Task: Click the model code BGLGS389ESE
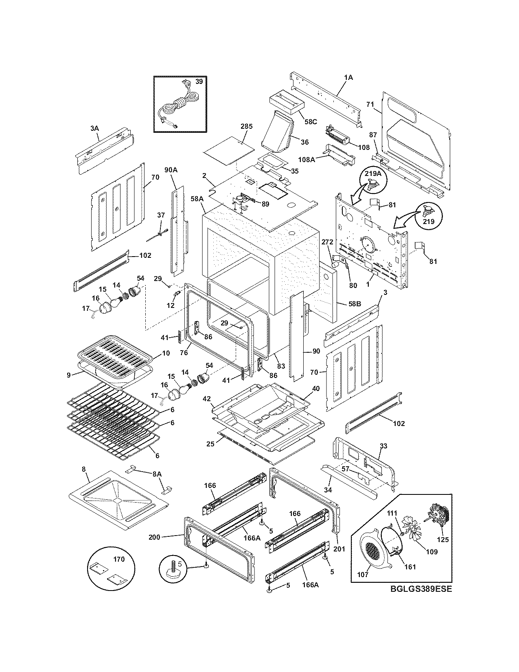point(421,589)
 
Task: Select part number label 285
point(246,126)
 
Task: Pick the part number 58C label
point(311,122)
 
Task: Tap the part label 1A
point(348,77)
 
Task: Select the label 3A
point(94,128)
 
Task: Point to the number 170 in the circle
point(119,559)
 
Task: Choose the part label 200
point(154,537)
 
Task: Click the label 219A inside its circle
point(373,173)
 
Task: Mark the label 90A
point(171,170)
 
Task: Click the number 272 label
point(327,242)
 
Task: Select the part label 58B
point(355,304)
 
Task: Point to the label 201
point(339,549)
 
